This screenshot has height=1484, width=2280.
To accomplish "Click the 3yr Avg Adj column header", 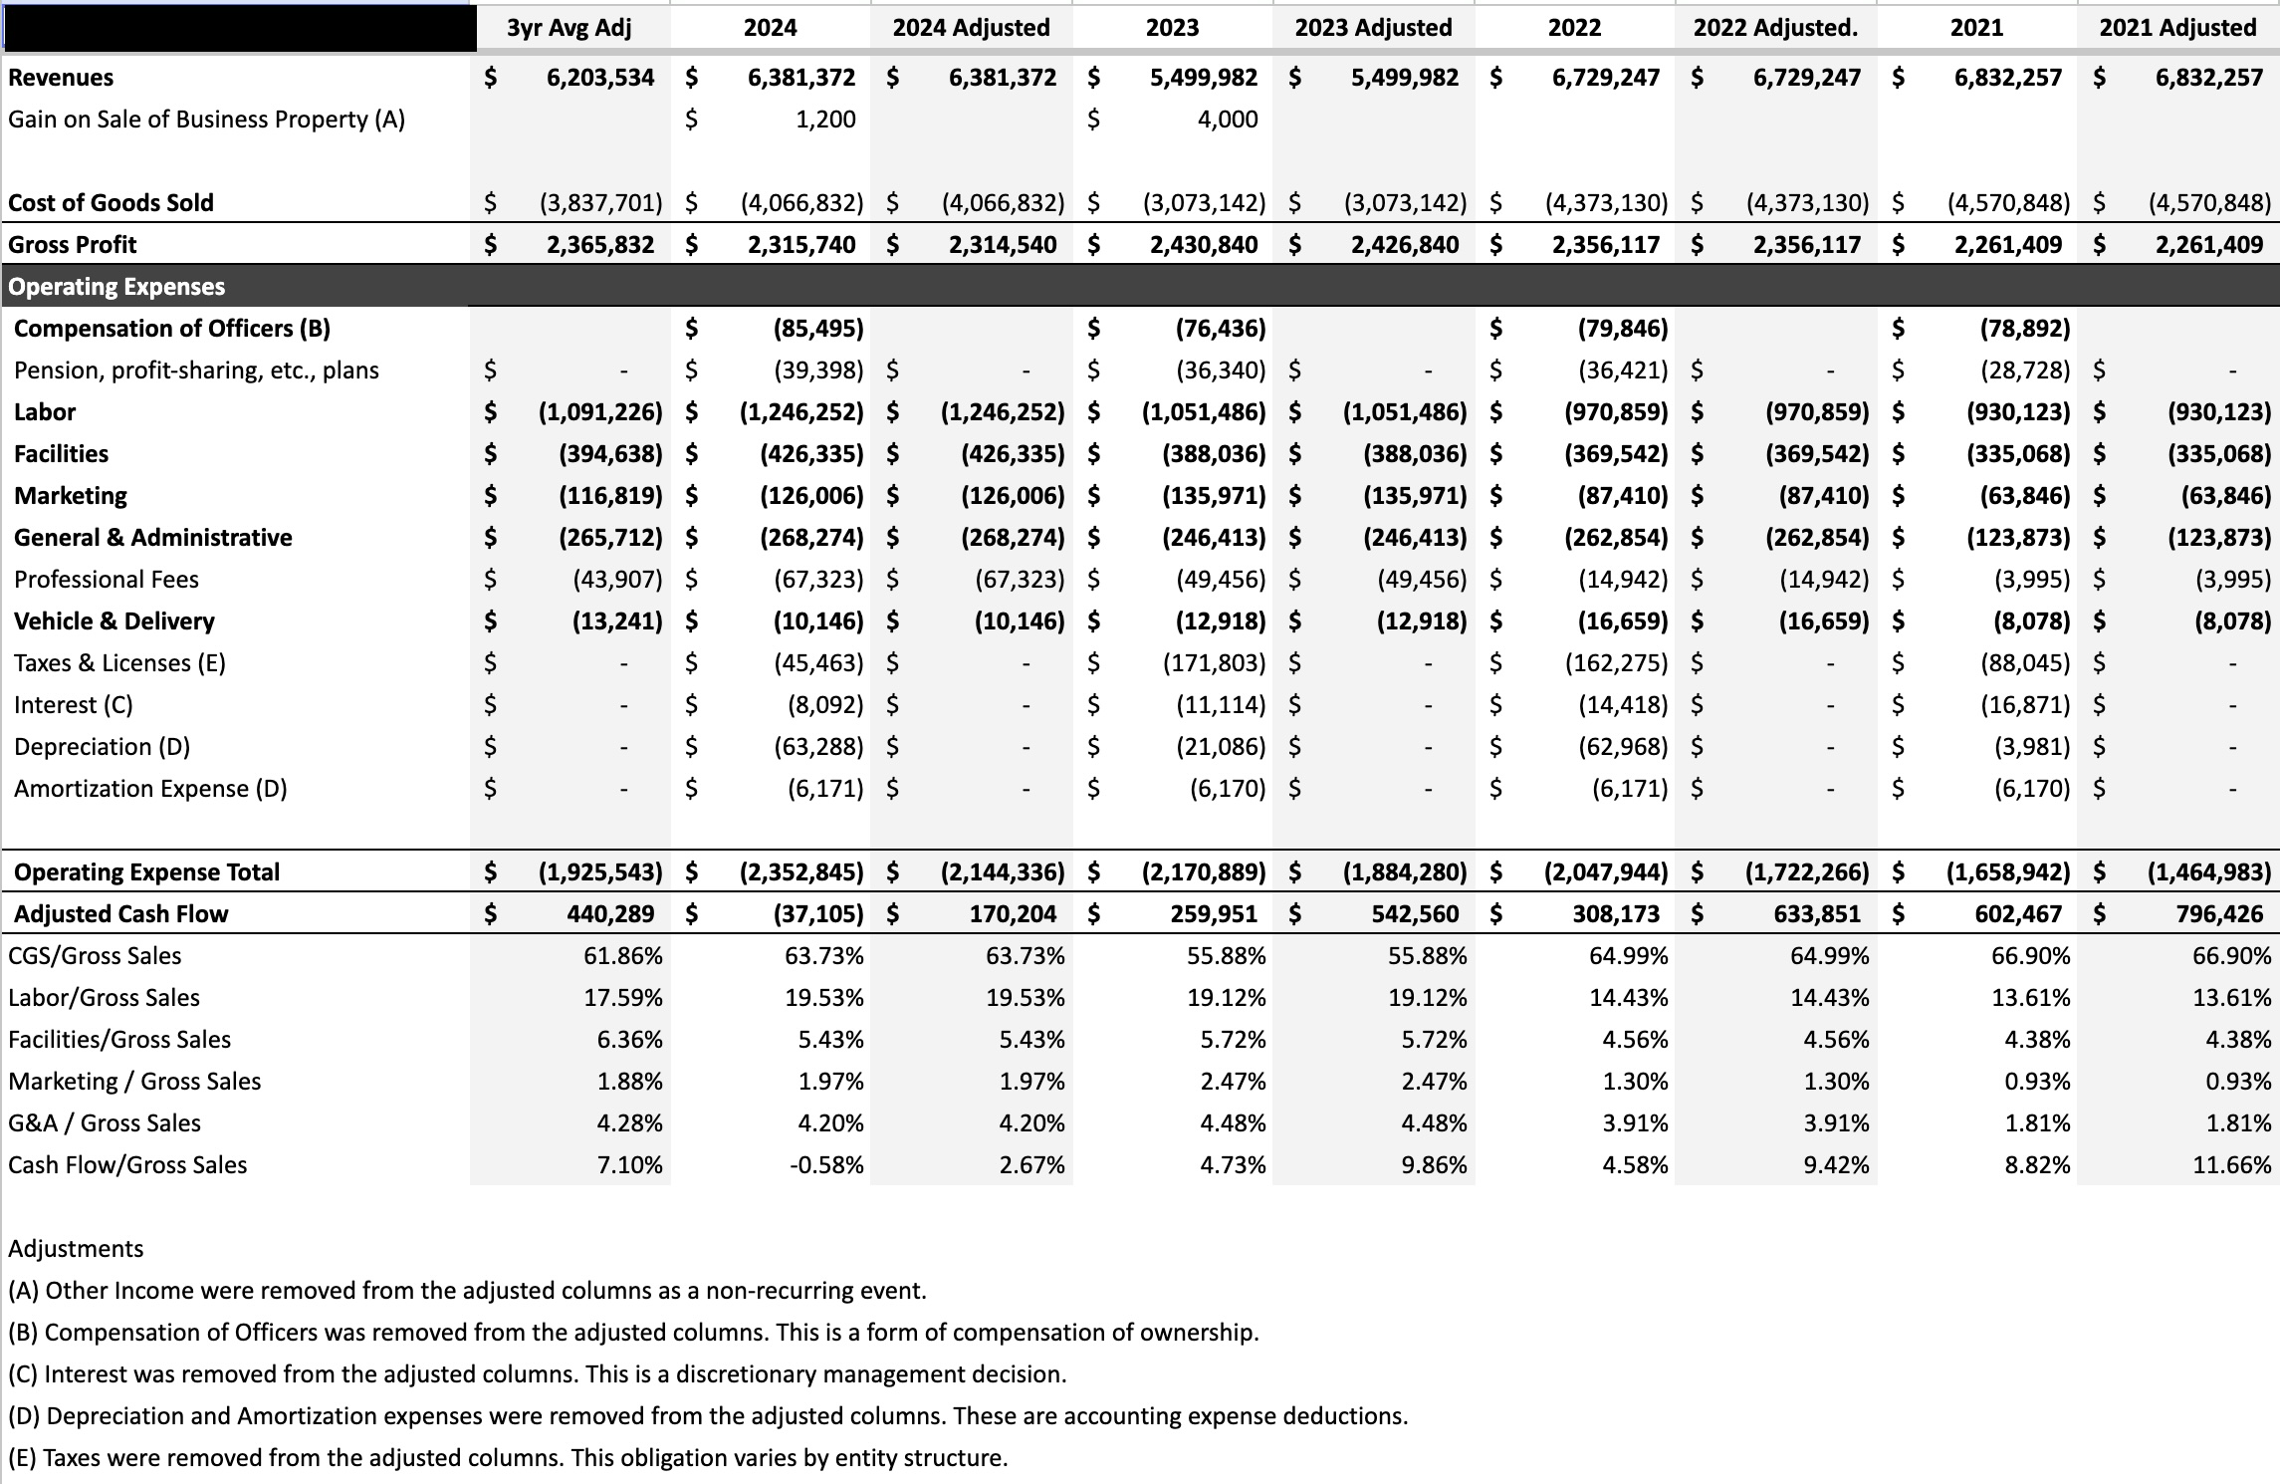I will click(569, 28).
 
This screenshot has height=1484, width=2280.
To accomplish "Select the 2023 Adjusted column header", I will click(1373, 28).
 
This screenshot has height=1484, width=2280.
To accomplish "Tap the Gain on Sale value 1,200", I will click(825, 120).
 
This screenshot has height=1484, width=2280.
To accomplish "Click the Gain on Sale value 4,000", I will click(1227, 120).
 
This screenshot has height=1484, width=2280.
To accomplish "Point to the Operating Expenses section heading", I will click(116, 287).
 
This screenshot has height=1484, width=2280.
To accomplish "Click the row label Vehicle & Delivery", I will click(114, 621).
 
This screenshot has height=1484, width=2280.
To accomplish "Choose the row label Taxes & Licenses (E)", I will click(119, 663).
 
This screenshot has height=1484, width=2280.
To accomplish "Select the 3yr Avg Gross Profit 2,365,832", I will click(600, 245).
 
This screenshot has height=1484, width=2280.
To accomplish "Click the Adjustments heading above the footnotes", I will click(76, 1249).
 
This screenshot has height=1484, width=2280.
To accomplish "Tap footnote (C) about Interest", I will click(537, 1374).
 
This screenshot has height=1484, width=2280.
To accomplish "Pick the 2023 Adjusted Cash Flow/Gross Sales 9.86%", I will click(1434, 1165).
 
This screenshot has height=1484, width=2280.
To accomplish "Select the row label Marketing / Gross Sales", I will click(134, 1082).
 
